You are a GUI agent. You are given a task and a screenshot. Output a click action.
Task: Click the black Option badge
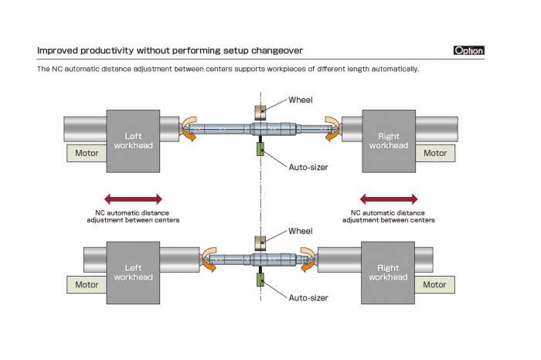coord(468,50)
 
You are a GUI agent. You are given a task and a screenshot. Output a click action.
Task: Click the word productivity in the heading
coord(107,51)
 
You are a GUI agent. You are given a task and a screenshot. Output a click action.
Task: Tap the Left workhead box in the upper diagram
coord(133,141)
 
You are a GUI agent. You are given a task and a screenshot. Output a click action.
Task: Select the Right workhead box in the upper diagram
coord(389,141)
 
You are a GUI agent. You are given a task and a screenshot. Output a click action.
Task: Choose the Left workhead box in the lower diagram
coord(133,273)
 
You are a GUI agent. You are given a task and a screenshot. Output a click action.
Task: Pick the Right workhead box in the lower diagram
coord(388,273)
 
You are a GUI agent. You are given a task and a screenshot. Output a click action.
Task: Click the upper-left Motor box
coord(87,153)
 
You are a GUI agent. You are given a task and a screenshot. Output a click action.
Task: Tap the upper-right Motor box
coord(435,153)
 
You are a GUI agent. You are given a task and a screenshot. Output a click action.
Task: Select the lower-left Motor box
coord(87,285)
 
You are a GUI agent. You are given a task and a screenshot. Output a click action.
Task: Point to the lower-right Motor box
coord(434,285)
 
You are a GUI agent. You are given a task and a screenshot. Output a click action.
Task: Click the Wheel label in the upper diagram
coord(301,100)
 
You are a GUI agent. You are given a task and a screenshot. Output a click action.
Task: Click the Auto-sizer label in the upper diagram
coord(308,167)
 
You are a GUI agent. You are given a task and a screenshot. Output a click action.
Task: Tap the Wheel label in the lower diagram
coord(301,231)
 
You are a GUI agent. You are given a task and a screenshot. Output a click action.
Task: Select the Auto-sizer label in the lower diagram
coord(308,298)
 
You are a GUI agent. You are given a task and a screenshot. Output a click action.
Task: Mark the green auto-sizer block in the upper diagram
coord(260,149)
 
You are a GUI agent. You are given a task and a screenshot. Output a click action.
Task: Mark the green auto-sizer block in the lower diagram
coord(260,280)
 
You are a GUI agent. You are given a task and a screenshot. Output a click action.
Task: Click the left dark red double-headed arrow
coord(133,199)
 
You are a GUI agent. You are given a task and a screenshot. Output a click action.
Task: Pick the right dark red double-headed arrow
coord(389,199)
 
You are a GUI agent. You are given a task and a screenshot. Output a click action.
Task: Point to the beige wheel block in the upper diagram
coord(260,113)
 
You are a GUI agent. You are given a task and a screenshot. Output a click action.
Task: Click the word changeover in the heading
coord(277,51)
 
